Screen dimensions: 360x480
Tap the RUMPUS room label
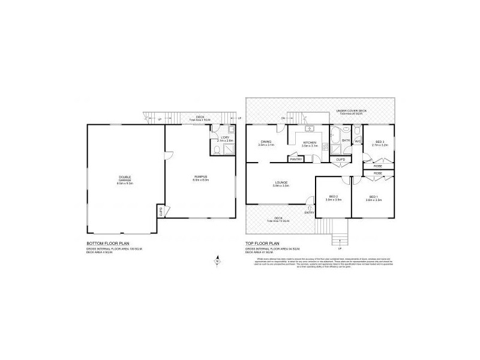tap(200, 176)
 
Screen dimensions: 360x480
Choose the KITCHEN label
tap(310, 142)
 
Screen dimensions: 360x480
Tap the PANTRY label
tap(296, 159)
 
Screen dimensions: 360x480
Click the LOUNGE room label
tap(281, 182)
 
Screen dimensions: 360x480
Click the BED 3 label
tap(377, 142)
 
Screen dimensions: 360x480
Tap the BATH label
tap(346, 140)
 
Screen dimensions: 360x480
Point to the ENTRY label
tap(310, 213)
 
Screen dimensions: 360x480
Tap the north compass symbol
tap(217, 261)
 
